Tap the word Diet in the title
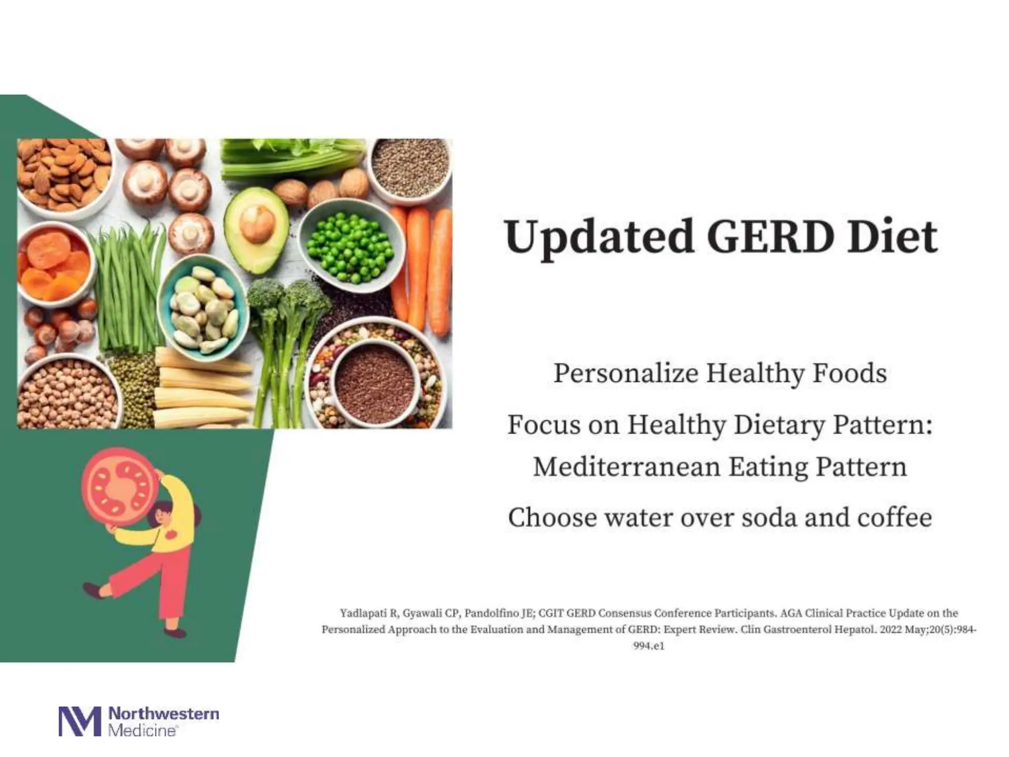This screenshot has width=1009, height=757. tap(892, 237)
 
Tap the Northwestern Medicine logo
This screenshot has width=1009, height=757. tap(138, 722)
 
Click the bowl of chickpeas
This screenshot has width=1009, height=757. tap(67, 394)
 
